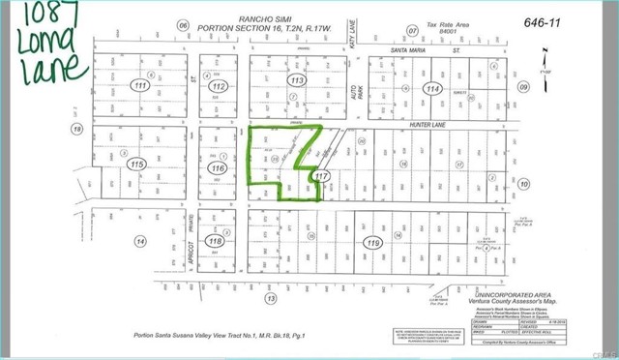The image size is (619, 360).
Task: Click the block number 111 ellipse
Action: tap(142, 87)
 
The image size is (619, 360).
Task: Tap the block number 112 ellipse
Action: tap(221, 88)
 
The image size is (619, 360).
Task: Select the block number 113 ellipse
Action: tap(297, 80)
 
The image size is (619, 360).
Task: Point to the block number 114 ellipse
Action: tap(430, 88)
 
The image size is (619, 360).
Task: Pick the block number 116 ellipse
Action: tap(218, 167)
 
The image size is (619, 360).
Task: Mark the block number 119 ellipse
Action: tap(372, 245)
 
